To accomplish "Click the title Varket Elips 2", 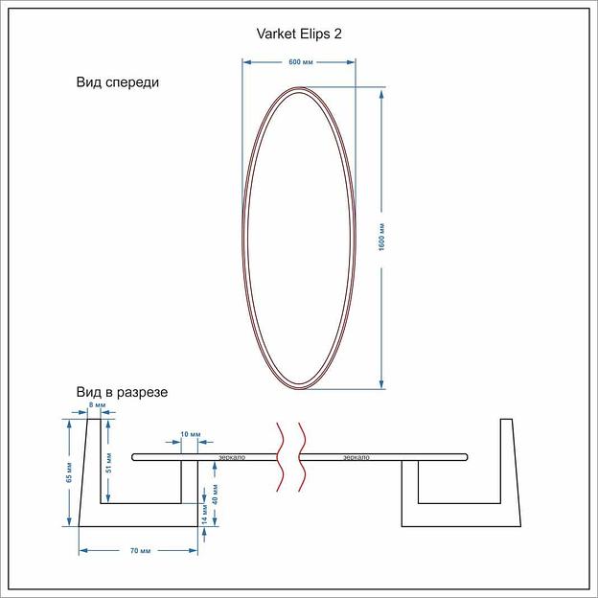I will (299, 34).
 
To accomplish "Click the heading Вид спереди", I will (118, 82).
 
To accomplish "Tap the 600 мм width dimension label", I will (300, 62).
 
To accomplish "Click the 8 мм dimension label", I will (96, 406).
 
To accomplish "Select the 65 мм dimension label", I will (69, 471).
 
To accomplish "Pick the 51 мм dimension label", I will (109, 462).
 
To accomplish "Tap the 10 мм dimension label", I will (191, 435).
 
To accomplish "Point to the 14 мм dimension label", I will (204, 515).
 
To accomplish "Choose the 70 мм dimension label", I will (139, 550).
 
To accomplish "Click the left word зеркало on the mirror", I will (232, 457).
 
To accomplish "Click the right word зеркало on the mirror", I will (356, 457).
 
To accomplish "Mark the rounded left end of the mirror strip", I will (135, 456).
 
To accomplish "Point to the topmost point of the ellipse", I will (300, 87).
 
